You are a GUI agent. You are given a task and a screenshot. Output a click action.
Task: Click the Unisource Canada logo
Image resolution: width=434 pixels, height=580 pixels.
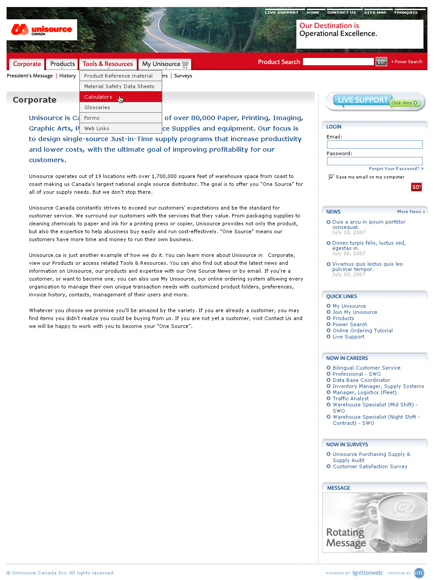[x=42, y=30]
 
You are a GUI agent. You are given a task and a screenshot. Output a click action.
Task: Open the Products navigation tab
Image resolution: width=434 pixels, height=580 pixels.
[x=62, y=64]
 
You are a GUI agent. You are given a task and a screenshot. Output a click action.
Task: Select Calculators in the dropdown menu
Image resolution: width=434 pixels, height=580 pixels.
[x=98, y=97]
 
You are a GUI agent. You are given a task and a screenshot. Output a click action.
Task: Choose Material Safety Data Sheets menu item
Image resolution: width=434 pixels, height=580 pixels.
[x=119, y=86]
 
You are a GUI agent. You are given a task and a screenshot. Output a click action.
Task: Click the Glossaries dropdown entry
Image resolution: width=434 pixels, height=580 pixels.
[x=97, y=107]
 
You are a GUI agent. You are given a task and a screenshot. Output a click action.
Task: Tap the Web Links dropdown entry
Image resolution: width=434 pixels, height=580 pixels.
[x=96, y=128]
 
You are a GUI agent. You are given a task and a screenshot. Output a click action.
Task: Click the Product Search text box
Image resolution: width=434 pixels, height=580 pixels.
[x=338, y=62]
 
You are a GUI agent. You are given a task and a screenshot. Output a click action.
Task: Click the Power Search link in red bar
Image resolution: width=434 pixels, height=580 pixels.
[x=408, y=62]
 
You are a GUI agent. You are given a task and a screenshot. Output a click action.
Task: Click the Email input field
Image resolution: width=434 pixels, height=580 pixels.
[x=374, y=144]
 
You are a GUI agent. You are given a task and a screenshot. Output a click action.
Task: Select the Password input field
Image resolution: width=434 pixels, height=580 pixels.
[x=374, y=161]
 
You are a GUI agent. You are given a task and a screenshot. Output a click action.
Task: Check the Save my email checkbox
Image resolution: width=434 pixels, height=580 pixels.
[x=331, y=177]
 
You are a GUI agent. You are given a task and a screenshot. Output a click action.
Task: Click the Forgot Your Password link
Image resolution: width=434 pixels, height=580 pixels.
[x=394, y=169]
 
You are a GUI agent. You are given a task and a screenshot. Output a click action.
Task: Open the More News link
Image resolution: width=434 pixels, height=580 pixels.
[x=411, y=212]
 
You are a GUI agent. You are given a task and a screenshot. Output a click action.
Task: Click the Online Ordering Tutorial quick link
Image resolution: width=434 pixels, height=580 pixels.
[x=363, y=331]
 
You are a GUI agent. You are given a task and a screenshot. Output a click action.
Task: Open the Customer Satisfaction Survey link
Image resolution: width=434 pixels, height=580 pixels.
[x=370, y=466]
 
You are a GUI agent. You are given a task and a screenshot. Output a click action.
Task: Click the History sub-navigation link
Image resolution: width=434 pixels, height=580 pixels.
[x=68, y=76]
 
